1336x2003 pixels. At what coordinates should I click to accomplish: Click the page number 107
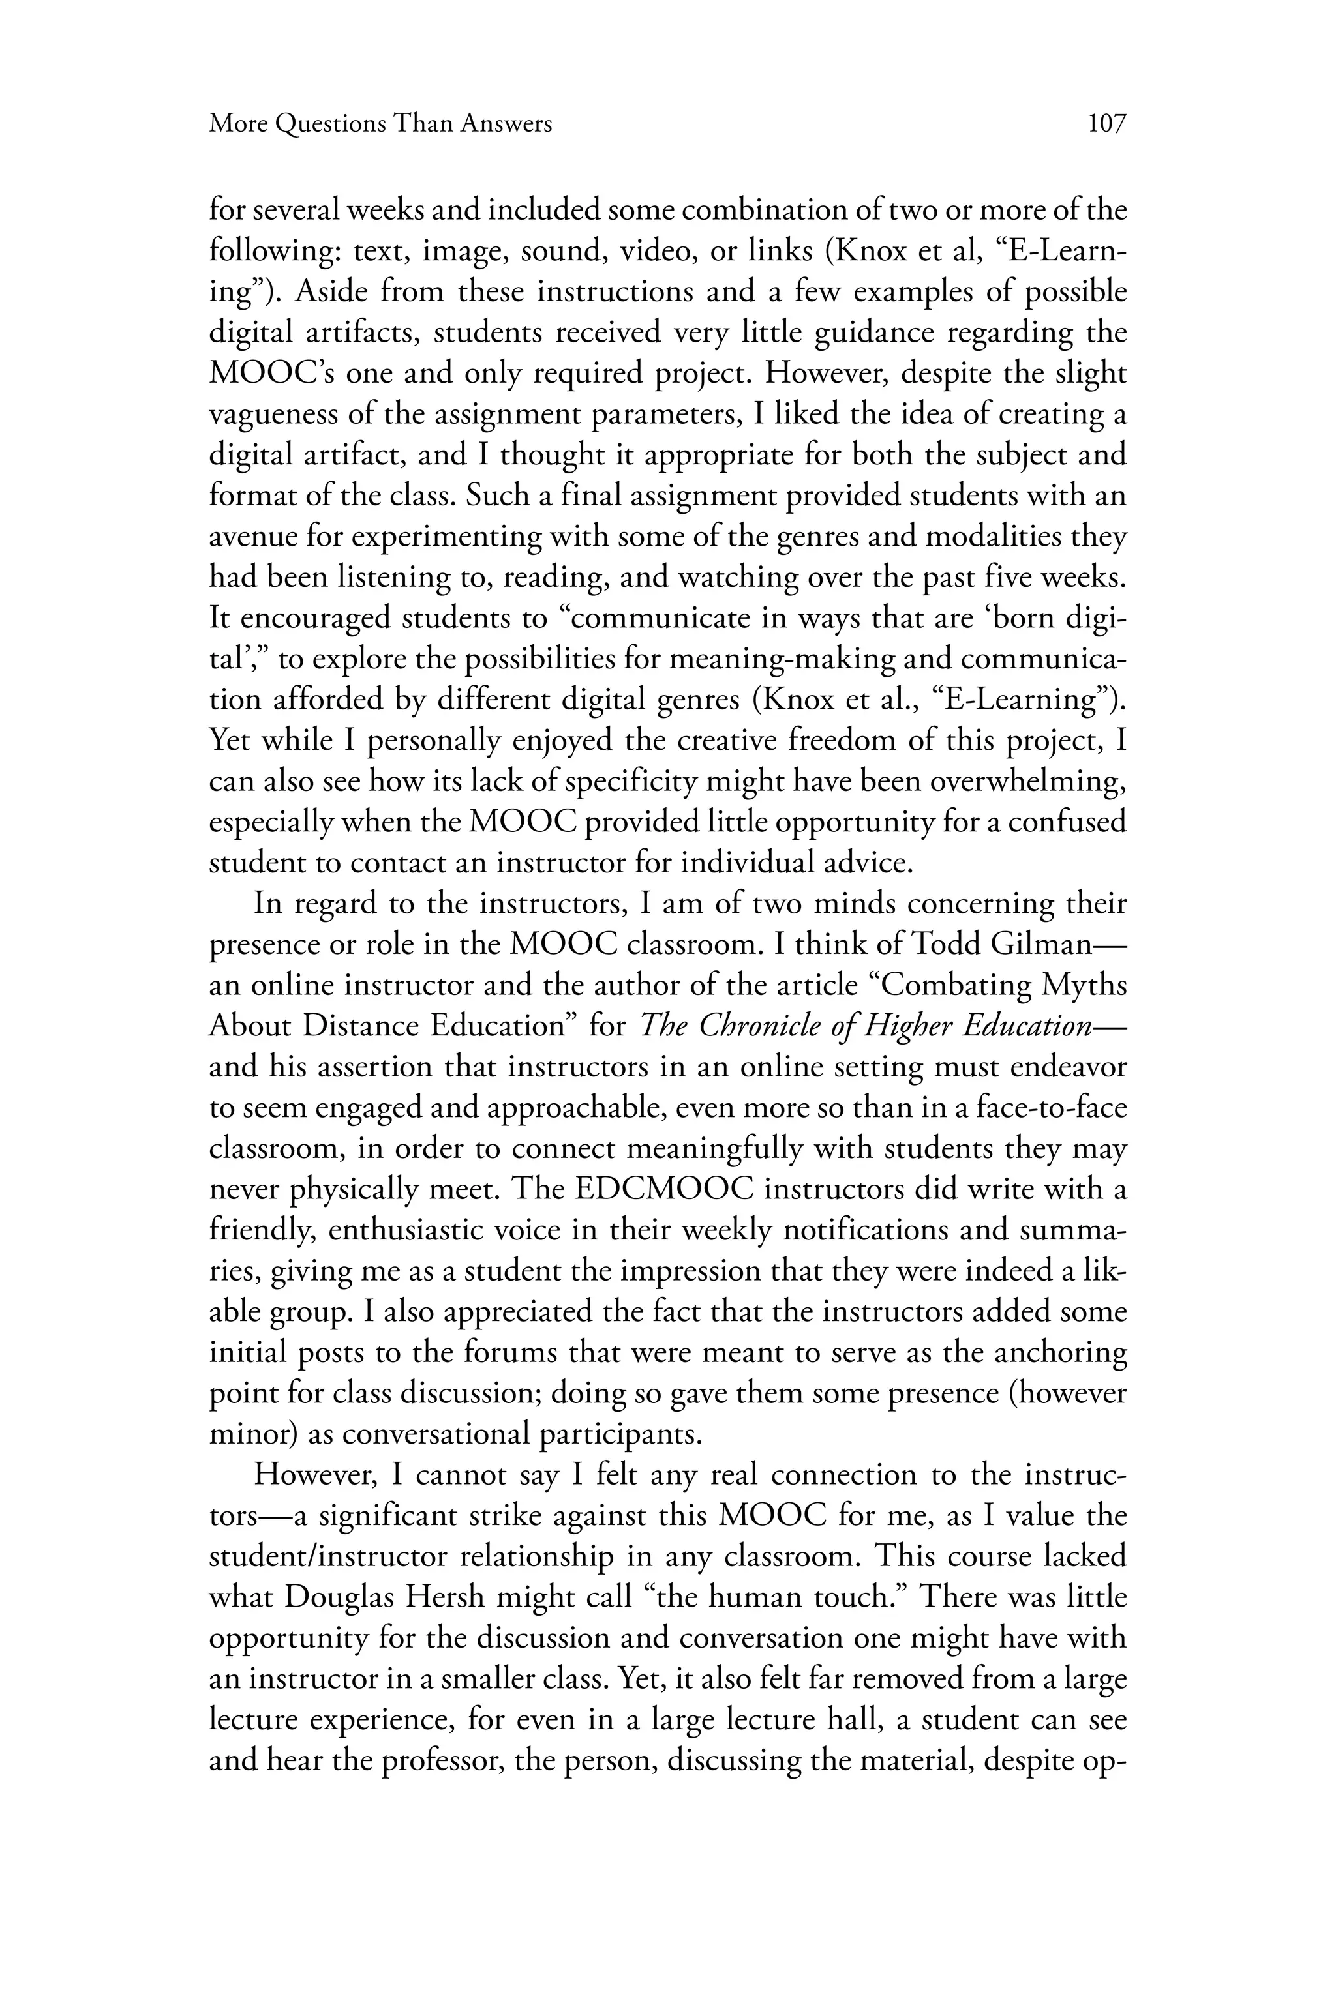pyautogui.click(x=1107, y=125)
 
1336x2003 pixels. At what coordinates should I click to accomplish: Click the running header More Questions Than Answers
pyautogui.click(x=381, y=125)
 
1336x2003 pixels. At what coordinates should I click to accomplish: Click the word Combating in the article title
pyautogui.click(x=951, y=985)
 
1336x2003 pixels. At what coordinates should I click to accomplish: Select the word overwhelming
pyautogui.click(x=1027, y=782)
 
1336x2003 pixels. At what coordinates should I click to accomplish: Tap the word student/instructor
pyautogui.click(x=326, y=1556)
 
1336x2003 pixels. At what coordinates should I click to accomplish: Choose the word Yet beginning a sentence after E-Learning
pyautogui.click(x=230, y=740)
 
